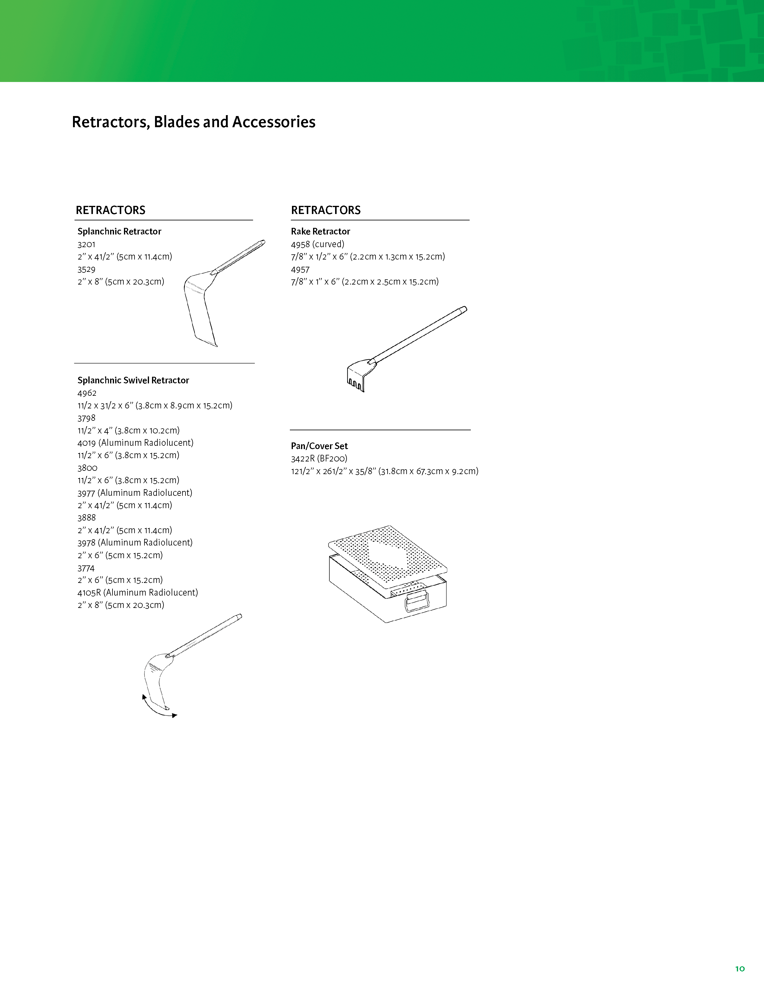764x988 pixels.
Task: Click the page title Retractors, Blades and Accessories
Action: [x=193, y=122]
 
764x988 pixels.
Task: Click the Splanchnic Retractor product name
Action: [x=119, y=231]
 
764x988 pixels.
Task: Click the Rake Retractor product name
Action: [x=320, y=231]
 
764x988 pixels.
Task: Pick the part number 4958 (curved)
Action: [x=317, y=244]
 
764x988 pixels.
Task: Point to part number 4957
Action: [x=300, y=270]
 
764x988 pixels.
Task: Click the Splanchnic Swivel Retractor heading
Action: [x=133, y=380]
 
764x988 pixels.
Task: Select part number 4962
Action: [x=87, y=393]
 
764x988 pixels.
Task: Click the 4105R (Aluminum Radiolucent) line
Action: [x=138, y=593]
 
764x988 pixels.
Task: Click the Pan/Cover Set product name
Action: [x=319, y=446]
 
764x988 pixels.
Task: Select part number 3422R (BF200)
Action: [x=319, y=459]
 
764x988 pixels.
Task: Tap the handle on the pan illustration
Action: [x=417, y=601]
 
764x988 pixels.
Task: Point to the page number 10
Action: [x=740, y=968]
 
